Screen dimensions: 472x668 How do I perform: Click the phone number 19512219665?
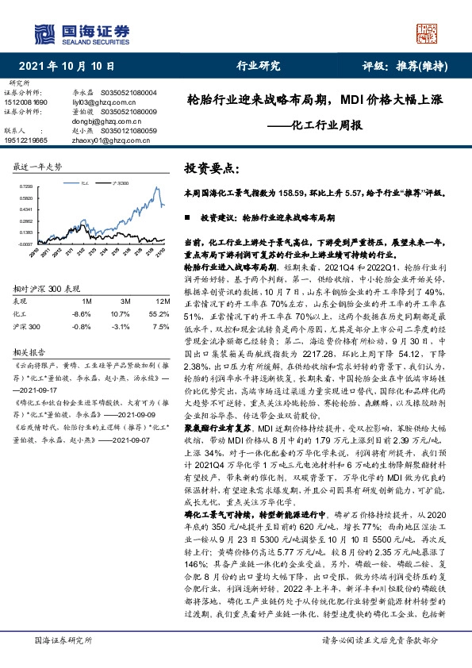click(x=28, y=140)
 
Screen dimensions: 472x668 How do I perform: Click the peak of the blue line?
click(x=153, y=187)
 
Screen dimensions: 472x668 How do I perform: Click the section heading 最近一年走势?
click(x=38, y=167)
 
